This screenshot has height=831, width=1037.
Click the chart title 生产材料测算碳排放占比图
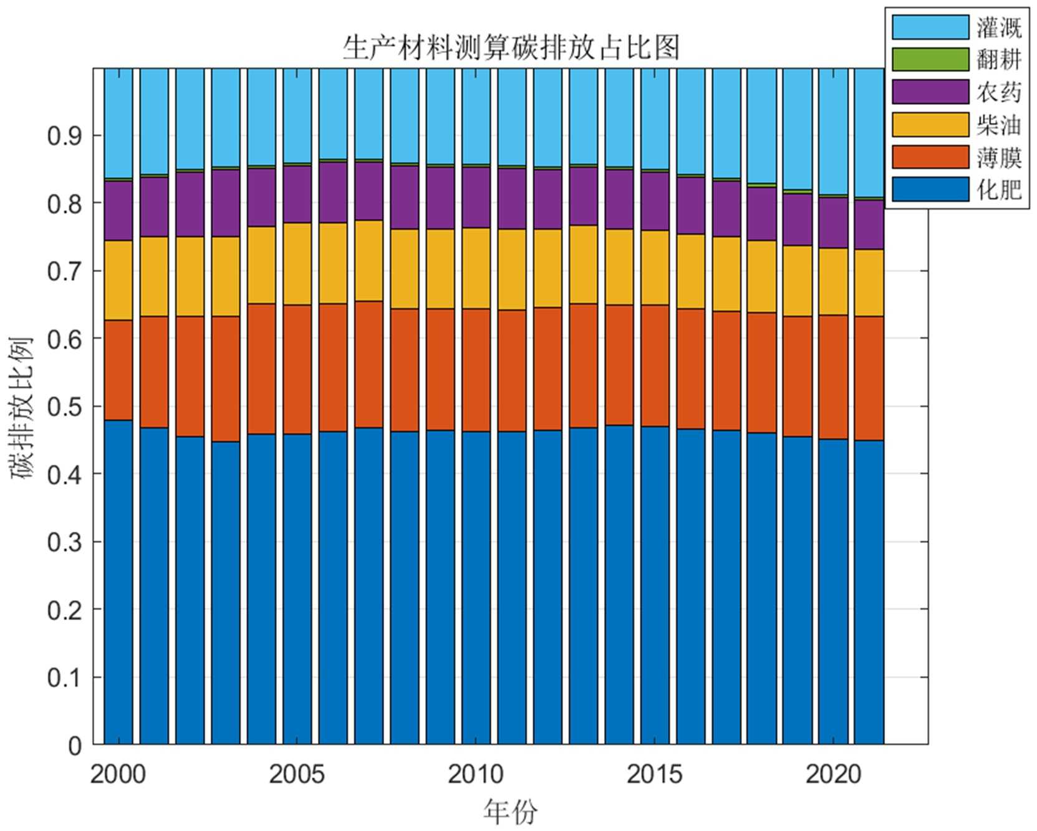click(x=511, y=48)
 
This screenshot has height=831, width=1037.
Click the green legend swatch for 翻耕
click(x=930, y=60)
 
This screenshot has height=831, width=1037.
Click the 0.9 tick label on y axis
click(x=65, y=136)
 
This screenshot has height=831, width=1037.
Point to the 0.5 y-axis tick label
click(x=65, y=407)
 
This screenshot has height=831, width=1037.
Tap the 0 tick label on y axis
click(x=75, y=746)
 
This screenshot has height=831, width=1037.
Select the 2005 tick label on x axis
click(x=297, y=775)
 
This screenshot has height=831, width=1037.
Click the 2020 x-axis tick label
click(x=833, y=775)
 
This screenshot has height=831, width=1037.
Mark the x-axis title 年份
click(x=510, y=812)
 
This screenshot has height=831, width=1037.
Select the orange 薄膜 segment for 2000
click(x=118, y=370)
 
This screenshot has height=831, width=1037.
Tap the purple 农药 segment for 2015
click(x=655, y=201)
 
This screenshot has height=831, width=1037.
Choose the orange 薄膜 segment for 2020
click(x=833, y=377)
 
